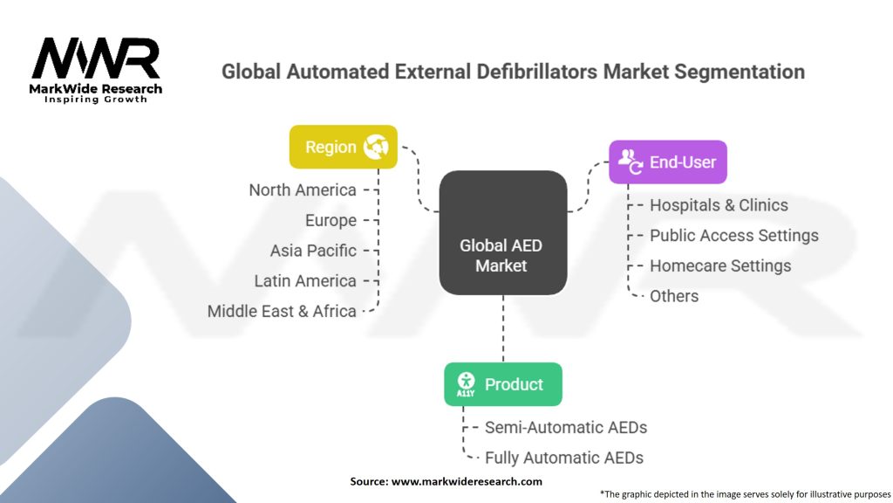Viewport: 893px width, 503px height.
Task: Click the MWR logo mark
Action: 96,59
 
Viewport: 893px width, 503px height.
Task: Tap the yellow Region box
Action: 343,147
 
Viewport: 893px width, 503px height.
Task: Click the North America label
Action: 303,189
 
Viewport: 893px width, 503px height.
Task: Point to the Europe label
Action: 331,220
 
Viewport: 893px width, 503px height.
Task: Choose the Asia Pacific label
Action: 313,251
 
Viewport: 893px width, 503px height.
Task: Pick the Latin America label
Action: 305,280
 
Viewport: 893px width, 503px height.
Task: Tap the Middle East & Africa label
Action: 282,311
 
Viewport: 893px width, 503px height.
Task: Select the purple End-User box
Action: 667,162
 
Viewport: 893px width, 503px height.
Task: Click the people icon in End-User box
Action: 629,162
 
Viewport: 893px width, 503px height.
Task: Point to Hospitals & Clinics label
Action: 719,205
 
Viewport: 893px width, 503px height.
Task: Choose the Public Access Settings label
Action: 733,235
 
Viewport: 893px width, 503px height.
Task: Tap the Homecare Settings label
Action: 720,265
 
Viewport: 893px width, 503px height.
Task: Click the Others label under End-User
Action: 674,296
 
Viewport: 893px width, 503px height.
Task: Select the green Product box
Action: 502,384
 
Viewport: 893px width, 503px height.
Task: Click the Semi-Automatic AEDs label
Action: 566,427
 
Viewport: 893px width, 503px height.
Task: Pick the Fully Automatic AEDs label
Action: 564,458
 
